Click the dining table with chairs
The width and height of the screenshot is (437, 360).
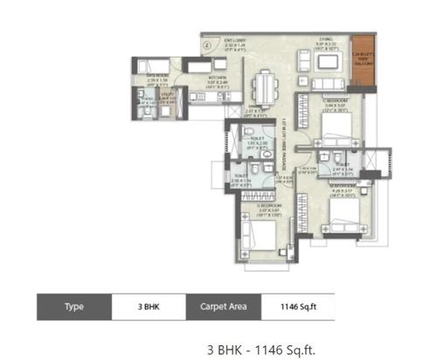click(262, 87)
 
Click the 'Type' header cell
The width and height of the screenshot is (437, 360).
click(74, 308)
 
